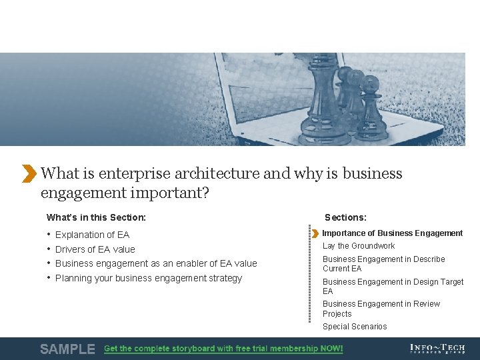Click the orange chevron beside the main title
point(29,173)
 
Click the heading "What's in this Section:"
point(96,217)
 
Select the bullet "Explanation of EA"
point(92,235)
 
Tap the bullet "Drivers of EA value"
point(95,249)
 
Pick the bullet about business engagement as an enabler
point(156,264)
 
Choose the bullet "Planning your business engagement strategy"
point(149,279)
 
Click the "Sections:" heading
point(345,217)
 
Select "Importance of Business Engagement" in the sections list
point(392,233)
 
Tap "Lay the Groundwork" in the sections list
point(359,246)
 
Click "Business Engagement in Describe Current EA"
point(383,264)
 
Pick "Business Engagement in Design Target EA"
point(393,287)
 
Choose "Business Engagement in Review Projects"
point(381,309)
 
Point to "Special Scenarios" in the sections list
point(355,327)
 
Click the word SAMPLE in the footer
point(67,349)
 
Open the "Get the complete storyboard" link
point(223,349)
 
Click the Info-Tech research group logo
point(438,349)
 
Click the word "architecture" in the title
point(217,174)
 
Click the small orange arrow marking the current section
point(315,233)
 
